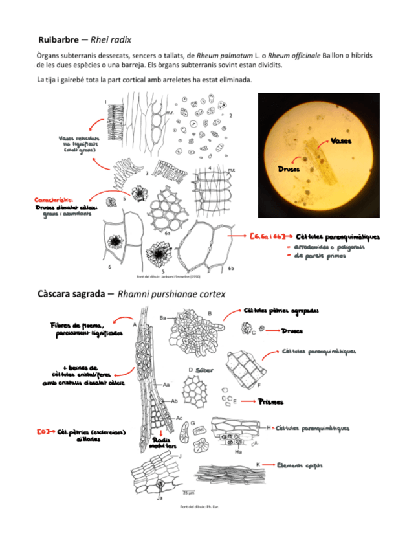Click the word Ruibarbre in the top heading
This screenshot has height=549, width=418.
point(60,39)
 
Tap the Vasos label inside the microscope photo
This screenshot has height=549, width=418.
point(341,141)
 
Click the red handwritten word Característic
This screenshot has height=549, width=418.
point(54,200)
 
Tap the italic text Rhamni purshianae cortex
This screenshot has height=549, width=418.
point(171,293)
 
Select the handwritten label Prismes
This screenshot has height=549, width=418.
point(270,402)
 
